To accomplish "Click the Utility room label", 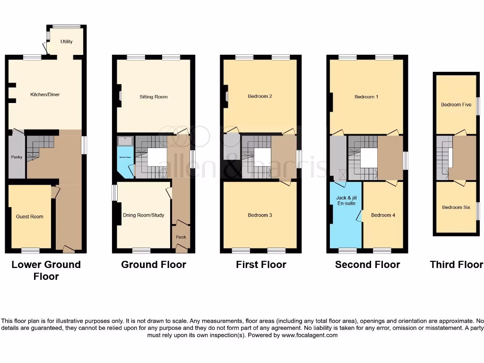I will (67, 42).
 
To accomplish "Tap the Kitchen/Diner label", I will (45, 95).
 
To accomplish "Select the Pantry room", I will (16, 156).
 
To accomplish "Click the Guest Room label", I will (30, 216).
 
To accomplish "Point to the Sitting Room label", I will (154, 97).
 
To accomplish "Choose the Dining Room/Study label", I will (144, 216).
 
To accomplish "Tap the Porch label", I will (181, 237).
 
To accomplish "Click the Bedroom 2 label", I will (260, 96).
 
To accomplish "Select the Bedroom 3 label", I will (260, 216).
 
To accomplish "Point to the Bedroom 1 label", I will (367, 97).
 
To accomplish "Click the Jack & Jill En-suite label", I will (346, 200).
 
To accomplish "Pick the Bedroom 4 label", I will (383, 216).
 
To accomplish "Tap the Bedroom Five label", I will (456, 105).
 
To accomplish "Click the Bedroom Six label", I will (456, 207).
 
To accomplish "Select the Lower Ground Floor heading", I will (46, 270).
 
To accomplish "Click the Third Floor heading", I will (457, 265).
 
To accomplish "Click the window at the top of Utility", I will (66, 26).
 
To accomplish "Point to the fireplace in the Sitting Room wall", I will (120, 96).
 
